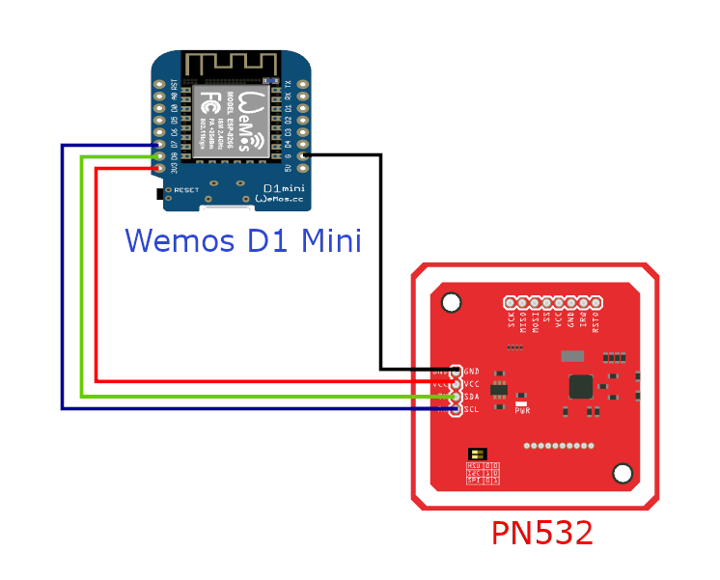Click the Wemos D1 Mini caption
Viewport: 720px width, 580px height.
(x=243, y=239)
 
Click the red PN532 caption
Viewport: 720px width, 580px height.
(x=541, y=533)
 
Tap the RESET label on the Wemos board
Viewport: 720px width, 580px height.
(x=186, y=190)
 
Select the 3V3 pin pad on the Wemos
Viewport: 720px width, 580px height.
(x=159, y=169)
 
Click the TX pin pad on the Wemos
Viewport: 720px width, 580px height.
(x=303, y=83)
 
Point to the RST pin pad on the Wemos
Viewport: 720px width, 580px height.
(x=159, y=83)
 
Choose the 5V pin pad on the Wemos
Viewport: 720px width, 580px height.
(x=303, y=169)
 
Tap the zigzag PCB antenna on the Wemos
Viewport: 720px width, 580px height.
(x=232, y=65)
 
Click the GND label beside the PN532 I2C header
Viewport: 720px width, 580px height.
(x=472, y=371)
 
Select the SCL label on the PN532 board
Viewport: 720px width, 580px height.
(x=472, y=409)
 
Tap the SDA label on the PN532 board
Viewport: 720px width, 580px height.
(x=472, y=397)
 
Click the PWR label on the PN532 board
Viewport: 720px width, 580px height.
(x=522, y=411)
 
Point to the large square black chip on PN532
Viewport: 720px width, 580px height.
(x=581, y=386)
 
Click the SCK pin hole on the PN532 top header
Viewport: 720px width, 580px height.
(x=511, y=303)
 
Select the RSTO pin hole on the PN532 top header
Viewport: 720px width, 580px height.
(x=595, y=303)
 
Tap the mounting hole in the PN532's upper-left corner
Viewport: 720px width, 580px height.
(x=451, y=304)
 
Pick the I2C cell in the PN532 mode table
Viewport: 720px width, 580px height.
(x=474, y=473)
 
